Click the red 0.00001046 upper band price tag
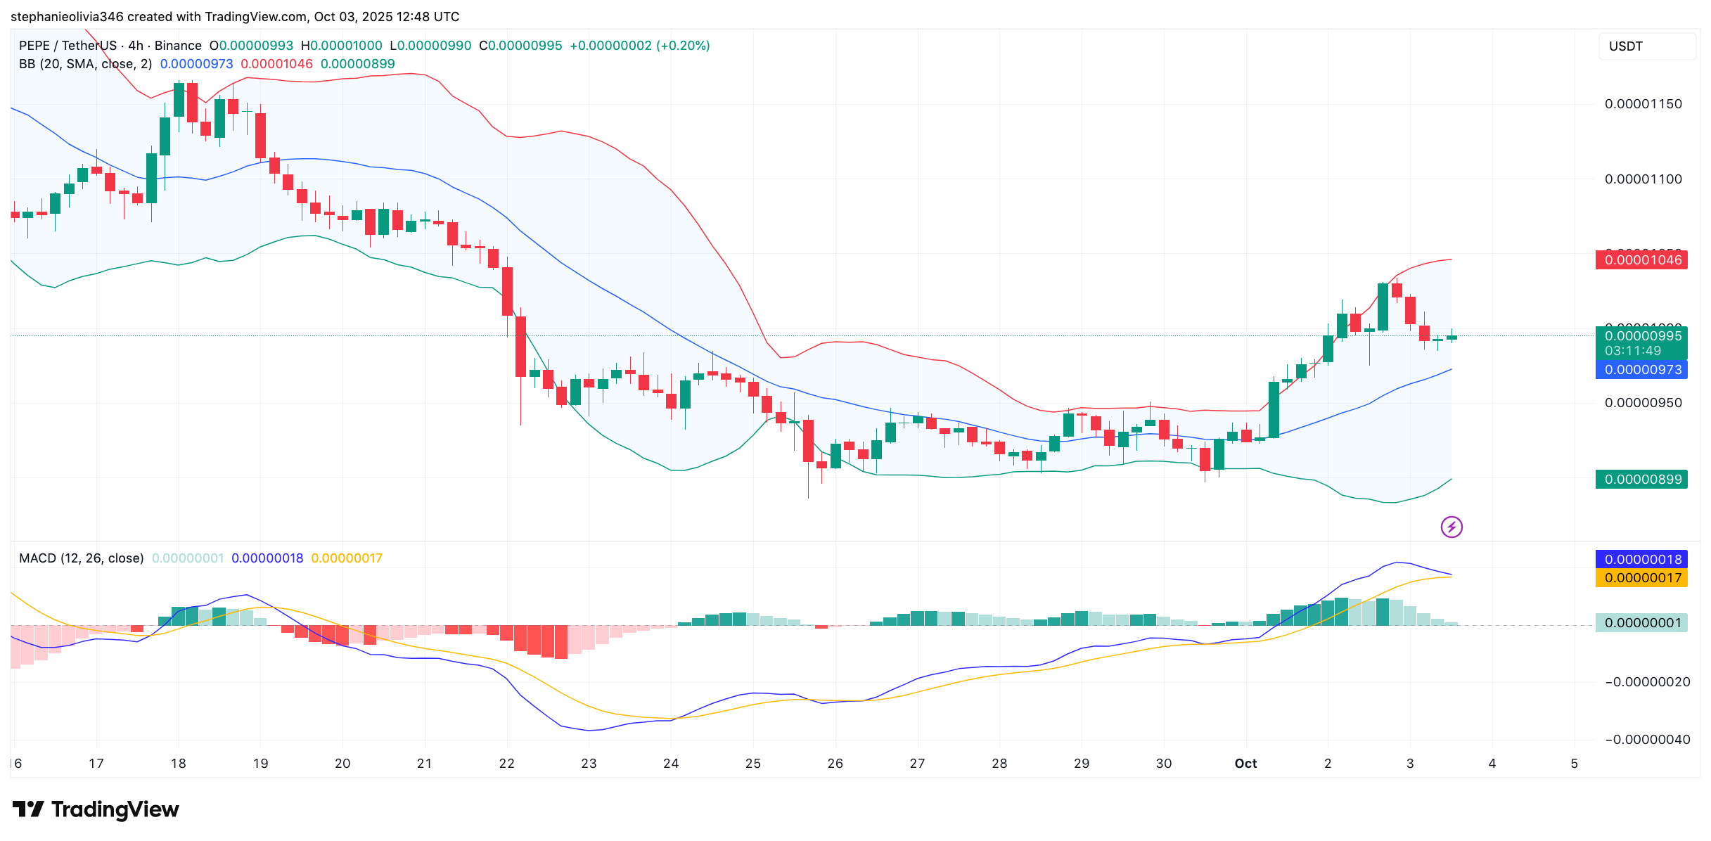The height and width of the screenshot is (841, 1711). pyautogui.click(x=1641, y=260)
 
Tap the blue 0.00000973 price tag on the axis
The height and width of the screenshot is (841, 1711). pyautogui.click(x=1641, y=370)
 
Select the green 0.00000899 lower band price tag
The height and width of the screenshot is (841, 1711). pyautogui.click(x=1641, y=480)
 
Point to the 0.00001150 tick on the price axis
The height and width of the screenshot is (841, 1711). pyautogui.click(x=1643, y=104)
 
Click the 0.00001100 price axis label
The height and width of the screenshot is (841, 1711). pyautogui.click(x=1643, y=179)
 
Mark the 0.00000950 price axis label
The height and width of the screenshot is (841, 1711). pyautogui.click(x=1643, y=403)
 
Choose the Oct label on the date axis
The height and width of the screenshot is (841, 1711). pyautogui.click(x=1245, y=764)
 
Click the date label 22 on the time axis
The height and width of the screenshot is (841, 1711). pyautogui.click(x=506, y=764)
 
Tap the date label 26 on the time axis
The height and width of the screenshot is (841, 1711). pyautogui.click(x=835, y=764)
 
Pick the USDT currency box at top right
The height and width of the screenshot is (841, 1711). pyautogui.click(x=1646, y=46)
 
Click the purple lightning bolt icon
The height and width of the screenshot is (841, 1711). pyautogui.click(x=1452, y=527)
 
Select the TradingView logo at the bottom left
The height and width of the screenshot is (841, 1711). pyautogui.click(x=96, y=809)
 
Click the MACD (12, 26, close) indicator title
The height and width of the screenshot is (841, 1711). pyautogui.click(x=81, y=558)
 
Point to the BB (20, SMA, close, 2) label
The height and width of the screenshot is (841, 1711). pyautogui.click(x=85, y=64)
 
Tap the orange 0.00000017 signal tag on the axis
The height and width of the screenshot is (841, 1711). pyautogui.click(x=1641, y=578)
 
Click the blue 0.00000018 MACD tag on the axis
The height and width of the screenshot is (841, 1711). pyautogui.click(x=1641, y=560)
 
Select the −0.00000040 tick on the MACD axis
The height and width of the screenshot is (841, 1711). pyautogui.click(x=1647, y=740)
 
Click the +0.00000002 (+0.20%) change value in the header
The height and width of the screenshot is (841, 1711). pyautogui.click(x=639, y=46)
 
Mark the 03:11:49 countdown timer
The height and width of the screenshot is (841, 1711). pyautogui.click(x=1633, y=351)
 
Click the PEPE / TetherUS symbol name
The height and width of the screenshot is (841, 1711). pyautogui.click(x=68, y=46)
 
